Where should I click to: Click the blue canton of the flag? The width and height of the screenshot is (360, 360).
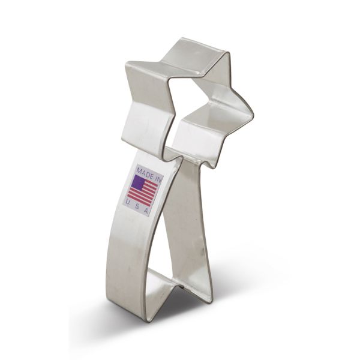139,183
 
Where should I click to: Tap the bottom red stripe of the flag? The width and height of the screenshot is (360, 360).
139,200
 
